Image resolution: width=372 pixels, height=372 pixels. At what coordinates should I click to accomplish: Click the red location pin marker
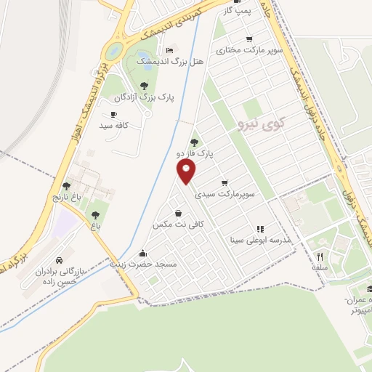(x=187, y=171)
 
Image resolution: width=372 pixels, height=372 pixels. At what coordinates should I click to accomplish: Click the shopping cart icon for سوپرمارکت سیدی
(x=225, y=182)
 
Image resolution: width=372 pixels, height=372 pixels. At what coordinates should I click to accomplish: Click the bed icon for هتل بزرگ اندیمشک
(x=169, y=50)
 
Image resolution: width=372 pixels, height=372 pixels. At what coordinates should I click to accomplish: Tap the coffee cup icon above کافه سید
(x=113, y=114)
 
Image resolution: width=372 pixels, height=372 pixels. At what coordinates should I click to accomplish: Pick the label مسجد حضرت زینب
(x=143, y=265)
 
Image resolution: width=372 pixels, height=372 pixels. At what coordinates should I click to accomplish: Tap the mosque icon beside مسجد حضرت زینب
(x=142, y=254)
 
